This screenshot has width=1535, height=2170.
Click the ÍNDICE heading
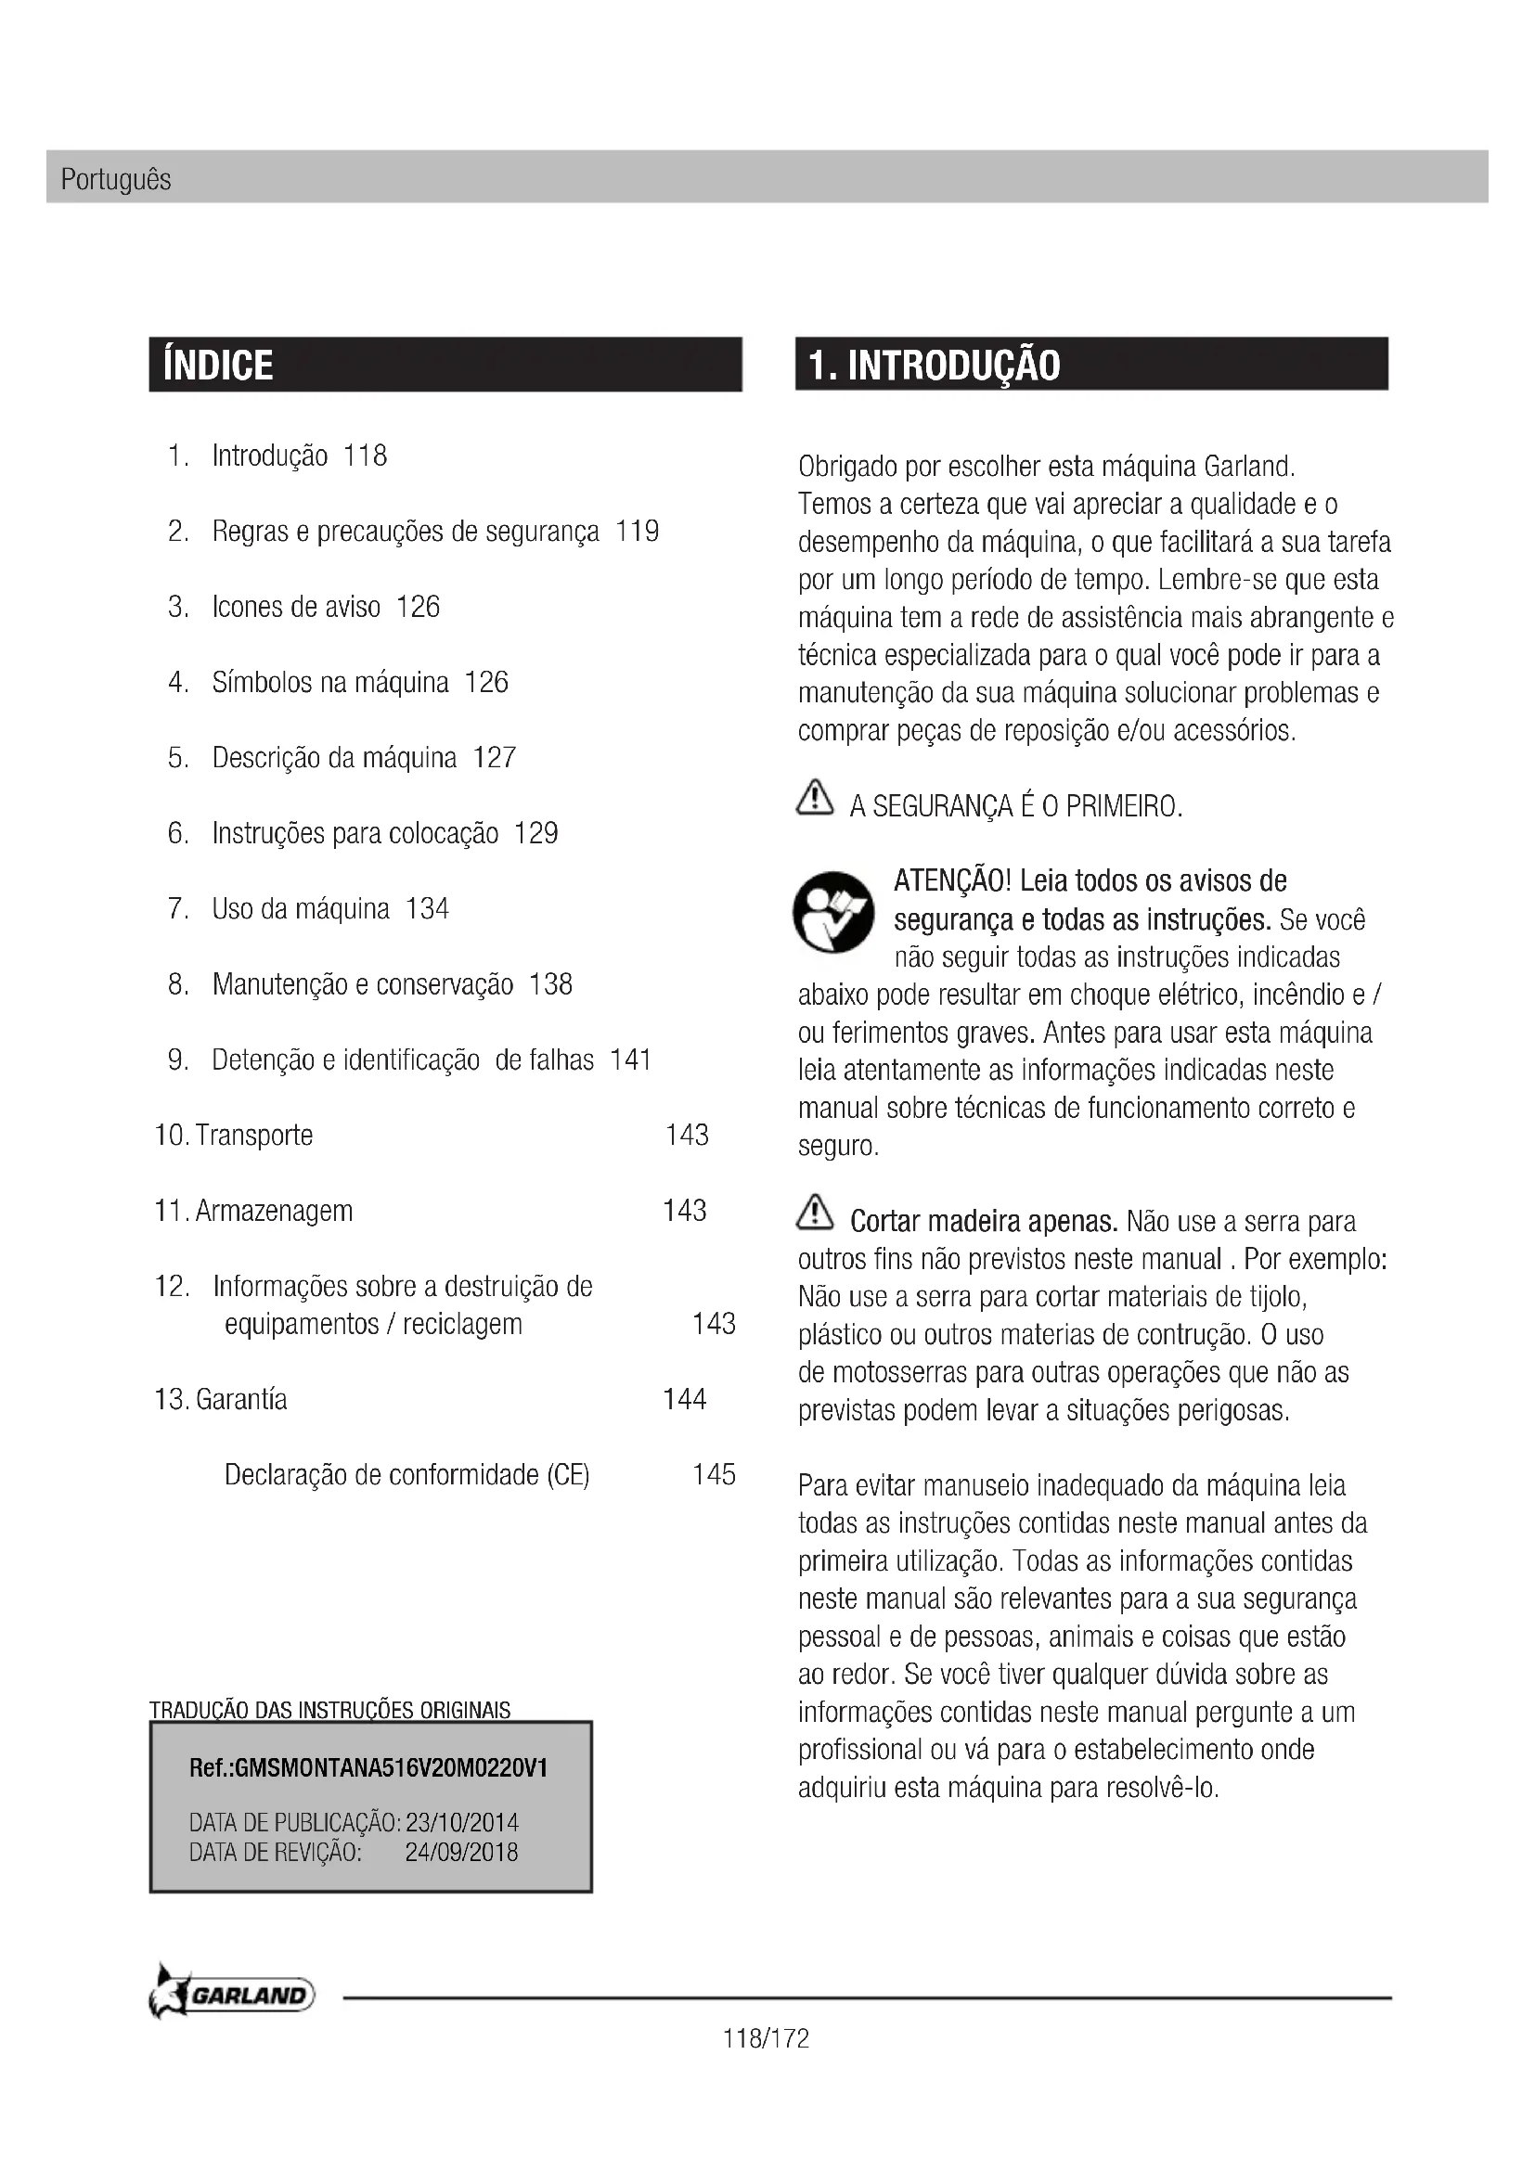coord(218,365)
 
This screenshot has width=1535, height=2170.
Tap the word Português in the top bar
coord(115,180)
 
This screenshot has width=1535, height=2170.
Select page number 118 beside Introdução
coord(365,456)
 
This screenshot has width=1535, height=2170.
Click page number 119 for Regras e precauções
coord(637,532)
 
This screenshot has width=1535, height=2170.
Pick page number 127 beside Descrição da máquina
coord(495,758)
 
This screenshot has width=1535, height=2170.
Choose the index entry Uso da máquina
coord(301,909)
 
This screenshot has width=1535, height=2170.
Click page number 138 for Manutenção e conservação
coord(550,985)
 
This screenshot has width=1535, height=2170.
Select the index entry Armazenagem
coord(273,1211)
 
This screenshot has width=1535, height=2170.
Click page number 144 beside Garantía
coord(684,1399)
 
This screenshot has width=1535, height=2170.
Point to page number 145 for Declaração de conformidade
coord(714,1474)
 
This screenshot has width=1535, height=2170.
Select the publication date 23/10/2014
coord(461,1822)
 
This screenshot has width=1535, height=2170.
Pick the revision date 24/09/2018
coord(461,1852)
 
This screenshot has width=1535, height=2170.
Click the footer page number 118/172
coord(767,2038)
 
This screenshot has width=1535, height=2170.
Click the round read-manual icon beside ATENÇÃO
coord(833,912)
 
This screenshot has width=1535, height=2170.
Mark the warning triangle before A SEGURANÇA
coord(815,799)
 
